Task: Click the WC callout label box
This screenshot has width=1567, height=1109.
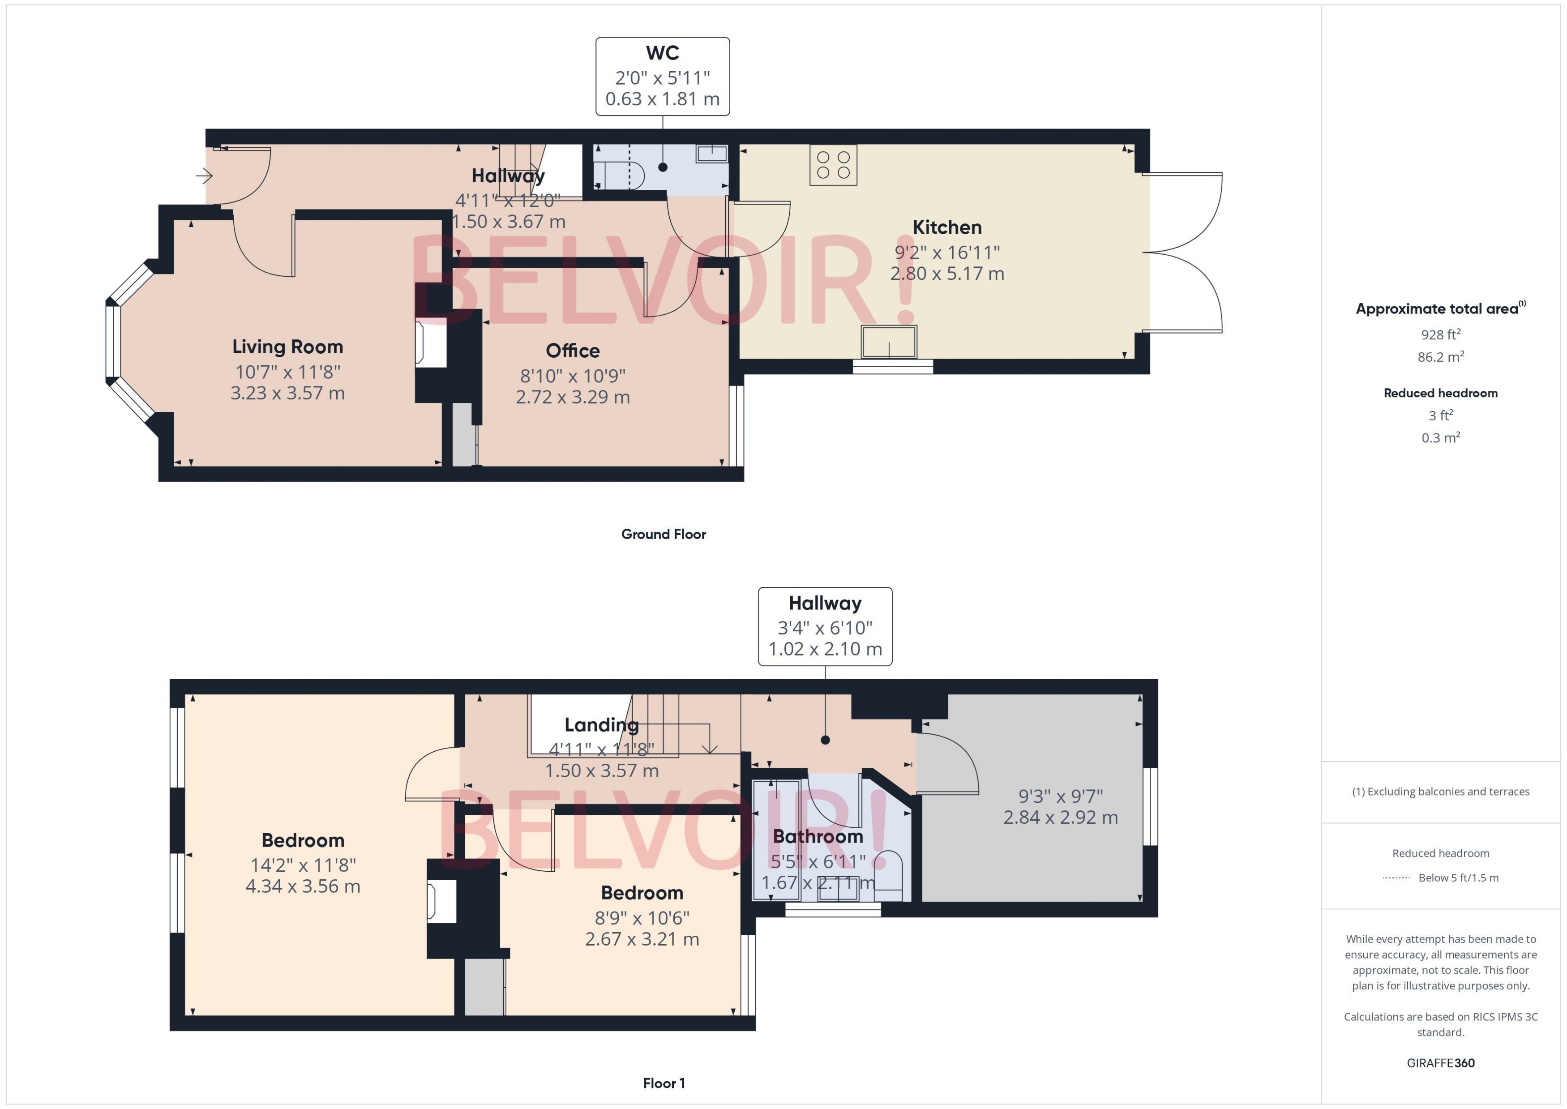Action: click(662, 77)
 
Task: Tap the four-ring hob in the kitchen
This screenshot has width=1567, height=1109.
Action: click(833, 165)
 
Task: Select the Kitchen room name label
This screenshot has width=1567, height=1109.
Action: click(946, 227)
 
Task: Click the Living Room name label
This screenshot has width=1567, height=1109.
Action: click(287, 347)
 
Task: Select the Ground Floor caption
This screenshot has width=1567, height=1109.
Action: click(663, 535)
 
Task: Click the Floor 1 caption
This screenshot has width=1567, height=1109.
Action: click(663, 1083)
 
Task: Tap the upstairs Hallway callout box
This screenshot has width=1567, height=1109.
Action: click(825, 626)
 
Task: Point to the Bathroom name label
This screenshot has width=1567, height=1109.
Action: click(817, 836)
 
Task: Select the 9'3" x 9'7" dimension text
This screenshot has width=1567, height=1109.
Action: click(1060, 796)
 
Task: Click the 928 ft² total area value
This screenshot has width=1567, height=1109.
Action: click(1440, 334)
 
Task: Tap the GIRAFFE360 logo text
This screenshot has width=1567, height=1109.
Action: click(1440, 1063)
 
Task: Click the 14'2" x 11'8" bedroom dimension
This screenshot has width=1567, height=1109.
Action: click(303, 865)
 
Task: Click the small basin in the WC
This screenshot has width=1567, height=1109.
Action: click(711, 153)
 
